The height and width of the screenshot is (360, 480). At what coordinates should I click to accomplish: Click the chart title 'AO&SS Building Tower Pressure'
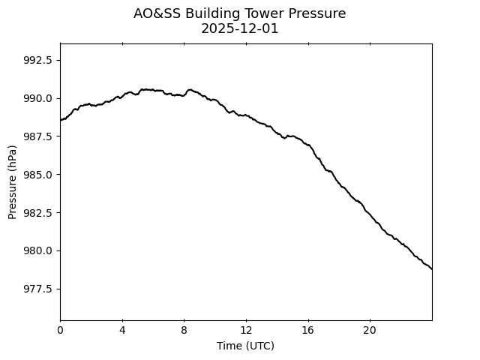pos(240,13)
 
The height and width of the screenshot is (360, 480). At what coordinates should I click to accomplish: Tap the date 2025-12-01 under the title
pos(240,28)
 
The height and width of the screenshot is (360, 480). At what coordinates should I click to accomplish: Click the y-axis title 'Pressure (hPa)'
pos(13,181)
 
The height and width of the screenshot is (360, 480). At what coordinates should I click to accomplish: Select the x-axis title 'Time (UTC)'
pos(245,346)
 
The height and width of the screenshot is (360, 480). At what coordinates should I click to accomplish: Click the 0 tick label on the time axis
pos(60,330)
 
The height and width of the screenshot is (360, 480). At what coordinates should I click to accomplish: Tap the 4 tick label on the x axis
pos(122,330)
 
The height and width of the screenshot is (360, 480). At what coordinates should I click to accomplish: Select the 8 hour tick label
pos(184,330)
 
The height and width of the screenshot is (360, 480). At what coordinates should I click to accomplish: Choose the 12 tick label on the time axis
pos(246,330)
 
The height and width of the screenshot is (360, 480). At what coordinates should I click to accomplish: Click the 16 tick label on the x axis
pos(307,330)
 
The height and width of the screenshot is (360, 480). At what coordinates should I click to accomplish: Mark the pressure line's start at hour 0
pos(61,120)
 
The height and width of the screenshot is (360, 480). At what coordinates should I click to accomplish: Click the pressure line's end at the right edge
pos(431,268)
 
